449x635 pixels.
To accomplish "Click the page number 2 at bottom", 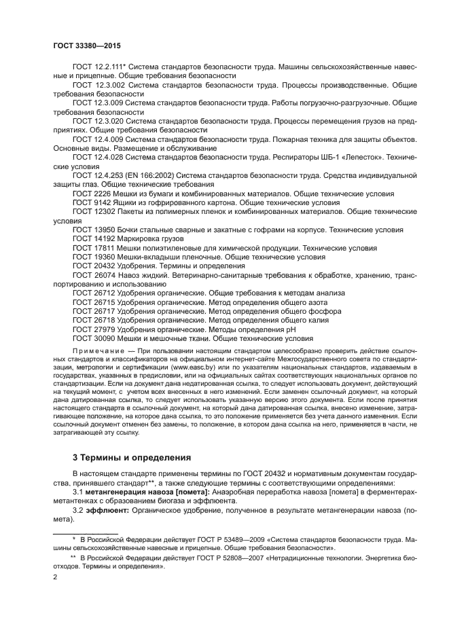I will [55, 577].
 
